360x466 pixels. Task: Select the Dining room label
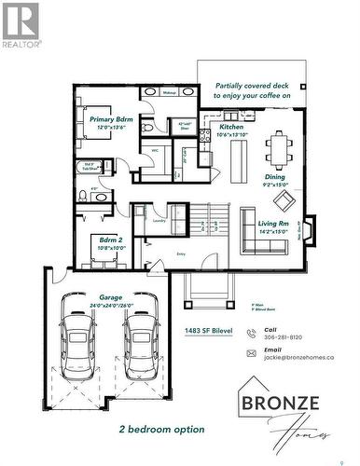pos(275,176)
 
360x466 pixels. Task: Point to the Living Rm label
pos(274,223)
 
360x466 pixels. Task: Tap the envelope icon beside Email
pos(251,353)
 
